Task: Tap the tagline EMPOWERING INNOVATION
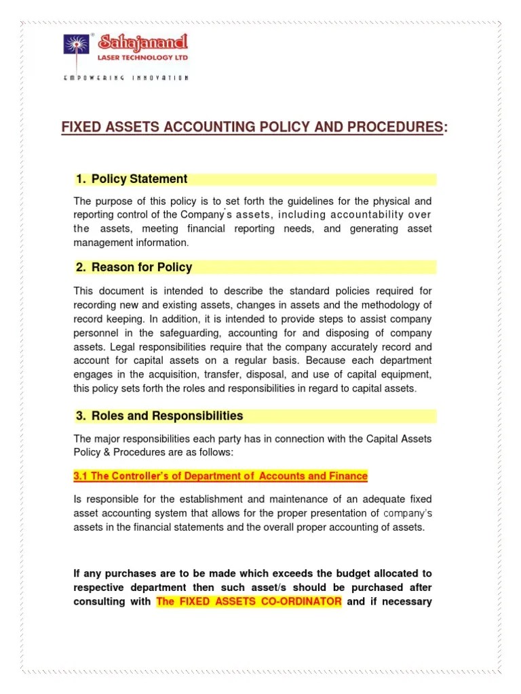pos(126,78)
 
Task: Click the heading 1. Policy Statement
pos(132,180)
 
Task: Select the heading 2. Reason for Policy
pos(134,267)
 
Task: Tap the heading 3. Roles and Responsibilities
pos(159,416)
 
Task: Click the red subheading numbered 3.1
pos(220,476)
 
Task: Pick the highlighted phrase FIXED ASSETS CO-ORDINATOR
pos(249,602)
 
